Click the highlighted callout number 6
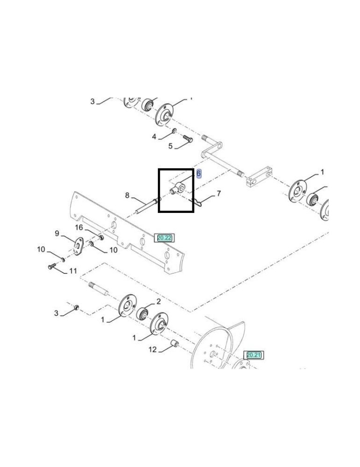point(198,173)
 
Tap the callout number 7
point(219,194)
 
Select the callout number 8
point(127,195)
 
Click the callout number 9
point(57,233)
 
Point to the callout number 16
point(79,227)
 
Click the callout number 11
point(73,271)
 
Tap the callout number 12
point(153,349)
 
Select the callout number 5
point(170,146)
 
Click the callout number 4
point(154,137)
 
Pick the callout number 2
point(158,301)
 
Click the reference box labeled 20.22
point(164,238)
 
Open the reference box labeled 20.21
point(254,355)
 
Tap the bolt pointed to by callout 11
point(52,266)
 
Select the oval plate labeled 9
point(78,246)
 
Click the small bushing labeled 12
point(174,344)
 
